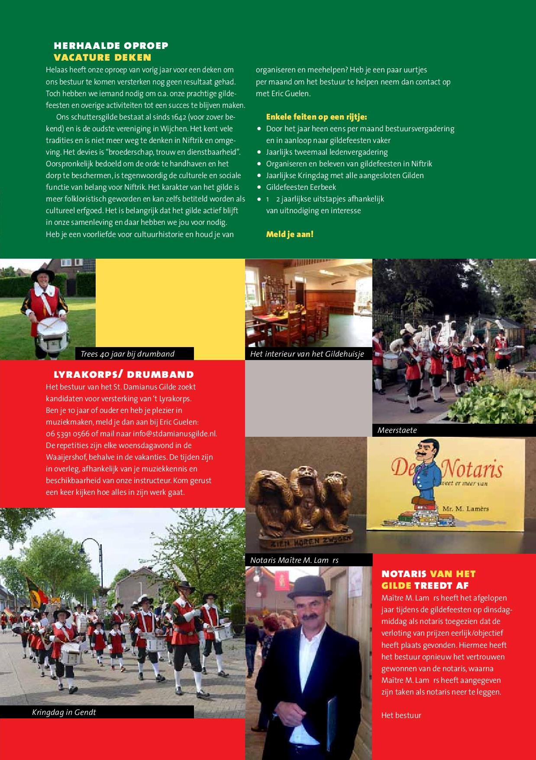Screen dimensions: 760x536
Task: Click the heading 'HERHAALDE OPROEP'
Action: tap(111, 45)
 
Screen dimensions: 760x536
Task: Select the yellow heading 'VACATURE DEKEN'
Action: tap(102, 57)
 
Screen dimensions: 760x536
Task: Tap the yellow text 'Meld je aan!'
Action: tap(290, 234)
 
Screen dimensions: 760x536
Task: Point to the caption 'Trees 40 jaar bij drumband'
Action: tap(127, 354)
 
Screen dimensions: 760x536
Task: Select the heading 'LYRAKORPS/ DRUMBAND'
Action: tap(123, 374)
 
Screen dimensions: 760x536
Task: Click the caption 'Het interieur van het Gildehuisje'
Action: tap(307, 354)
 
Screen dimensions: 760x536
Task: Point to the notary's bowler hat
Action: tap(304, 585)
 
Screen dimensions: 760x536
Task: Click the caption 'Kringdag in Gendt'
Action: tap(64, 712)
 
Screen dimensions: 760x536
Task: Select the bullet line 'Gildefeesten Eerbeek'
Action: tap(301, 187)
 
